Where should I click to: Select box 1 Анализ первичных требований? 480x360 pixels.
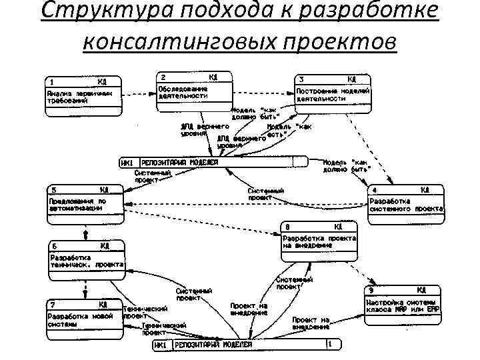[x=84, y=97]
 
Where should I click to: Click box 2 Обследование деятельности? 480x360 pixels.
[x=194, y=91]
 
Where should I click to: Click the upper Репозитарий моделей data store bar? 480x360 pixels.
[x=213, y=162]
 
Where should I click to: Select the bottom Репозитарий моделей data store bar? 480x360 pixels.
[x=247, y=345]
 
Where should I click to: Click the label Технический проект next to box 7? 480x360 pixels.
[x=143, y=312]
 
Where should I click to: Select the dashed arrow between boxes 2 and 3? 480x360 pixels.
[x=263, y=93]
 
